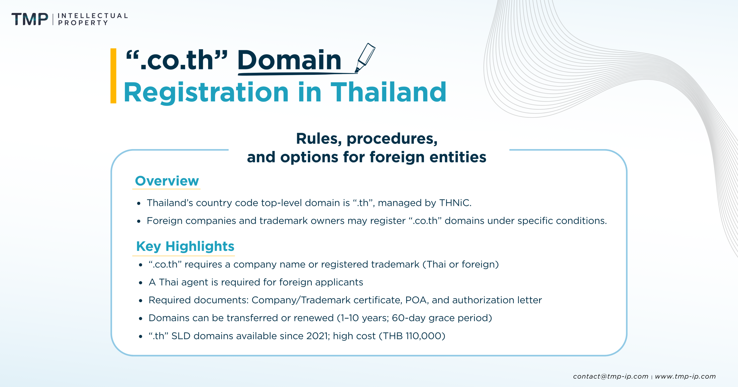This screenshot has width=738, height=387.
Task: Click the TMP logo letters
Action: click(x=30, y=19)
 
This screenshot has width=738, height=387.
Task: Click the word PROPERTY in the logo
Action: click(x=83, y=23)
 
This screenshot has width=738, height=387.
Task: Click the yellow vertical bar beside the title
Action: click(x=113, y=76)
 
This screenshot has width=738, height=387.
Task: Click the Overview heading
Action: click(x=167, y=181)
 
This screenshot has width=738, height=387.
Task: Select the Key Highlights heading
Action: click(x=185, y=246)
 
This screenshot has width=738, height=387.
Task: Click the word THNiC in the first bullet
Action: click(x=455, y=203)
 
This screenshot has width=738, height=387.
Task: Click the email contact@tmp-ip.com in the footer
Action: click(x=610, y=376)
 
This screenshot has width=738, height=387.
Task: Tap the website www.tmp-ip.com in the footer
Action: click(x=685, y=376)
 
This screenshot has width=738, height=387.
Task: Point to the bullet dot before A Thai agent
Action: click(x=141, y=283)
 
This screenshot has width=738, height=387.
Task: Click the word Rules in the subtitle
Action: click(x=315, y=139)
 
